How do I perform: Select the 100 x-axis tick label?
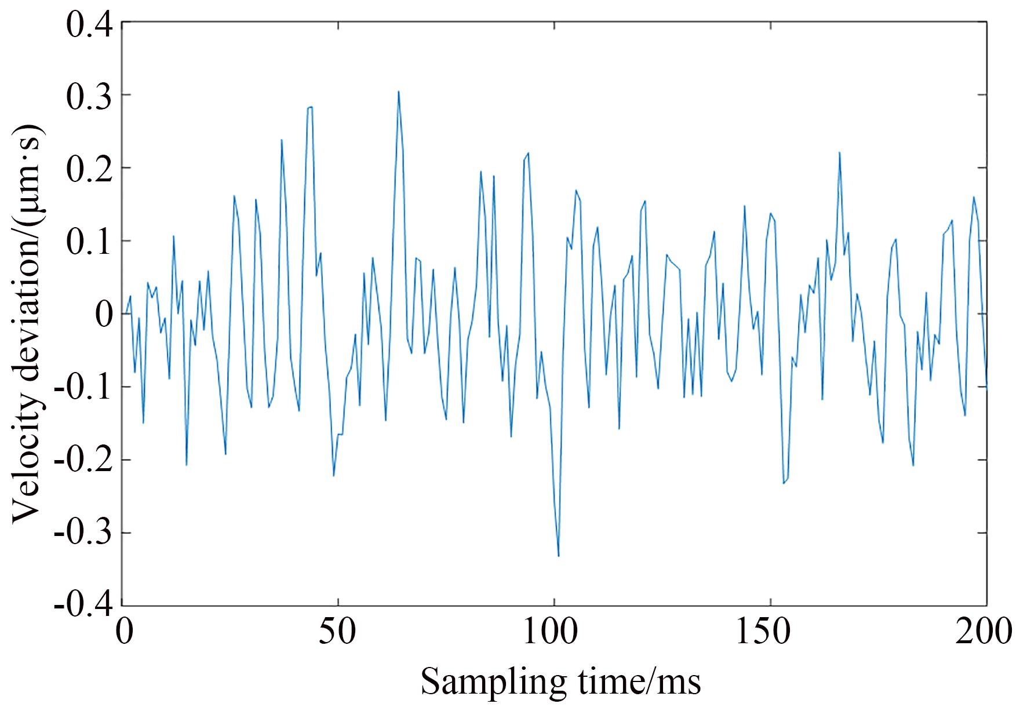coord(555,632)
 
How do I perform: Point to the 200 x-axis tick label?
coord(984,632)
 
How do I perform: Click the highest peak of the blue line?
coord(399,92)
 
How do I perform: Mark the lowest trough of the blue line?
coord(558,556)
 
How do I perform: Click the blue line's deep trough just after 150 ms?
coord(784,483)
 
